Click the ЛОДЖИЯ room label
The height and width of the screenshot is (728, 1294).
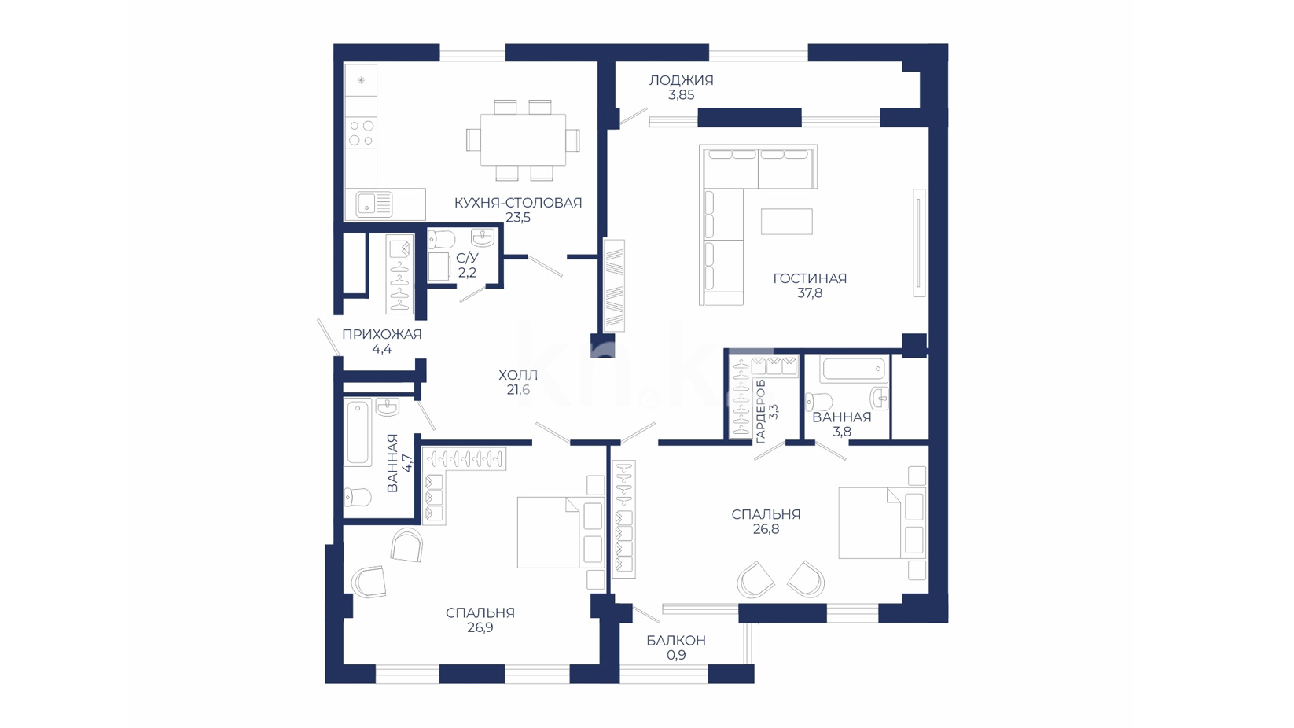point(681,80)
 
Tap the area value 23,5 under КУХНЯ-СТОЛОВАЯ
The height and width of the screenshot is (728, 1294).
point(518,218)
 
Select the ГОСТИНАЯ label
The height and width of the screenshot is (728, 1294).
point(810,278)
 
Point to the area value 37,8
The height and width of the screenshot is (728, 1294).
point(810,293)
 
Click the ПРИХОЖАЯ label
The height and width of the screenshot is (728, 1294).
point(382,334)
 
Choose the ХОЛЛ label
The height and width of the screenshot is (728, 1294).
point(518,375)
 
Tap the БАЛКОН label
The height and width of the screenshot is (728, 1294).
point(676,640)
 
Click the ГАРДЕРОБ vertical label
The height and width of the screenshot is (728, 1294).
point(760,411)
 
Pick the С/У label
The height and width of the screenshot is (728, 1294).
point(467,258)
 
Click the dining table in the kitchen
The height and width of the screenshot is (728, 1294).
point(524,140)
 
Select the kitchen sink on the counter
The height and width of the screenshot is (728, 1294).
point(374,204)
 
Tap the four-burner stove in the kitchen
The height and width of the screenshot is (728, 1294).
point(361,133)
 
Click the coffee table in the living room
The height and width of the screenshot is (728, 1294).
point(787,221)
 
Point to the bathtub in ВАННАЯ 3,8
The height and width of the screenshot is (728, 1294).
point(853,369)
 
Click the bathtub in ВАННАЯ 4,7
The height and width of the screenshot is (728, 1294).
point(358,432)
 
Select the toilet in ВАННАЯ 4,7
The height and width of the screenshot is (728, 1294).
point(358,497)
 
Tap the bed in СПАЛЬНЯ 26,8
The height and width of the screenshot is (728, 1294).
point(882,523)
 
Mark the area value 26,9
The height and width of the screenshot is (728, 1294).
point(480,627)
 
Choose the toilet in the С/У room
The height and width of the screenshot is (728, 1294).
point(441,239)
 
